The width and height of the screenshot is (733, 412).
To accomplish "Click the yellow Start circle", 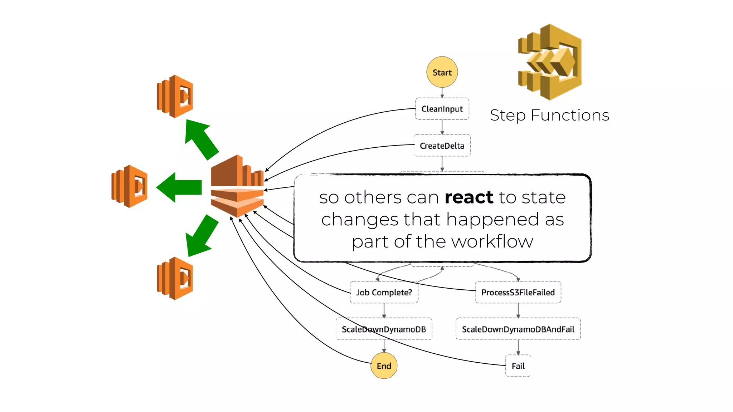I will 442,72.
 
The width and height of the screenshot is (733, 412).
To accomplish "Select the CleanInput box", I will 442,109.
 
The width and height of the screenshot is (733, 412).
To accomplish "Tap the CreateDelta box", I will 442,146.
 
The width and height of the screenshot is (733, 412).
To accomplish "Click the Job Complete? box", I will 384,292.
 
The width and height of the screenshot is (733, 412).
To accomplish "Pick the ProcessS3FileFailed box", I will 518,292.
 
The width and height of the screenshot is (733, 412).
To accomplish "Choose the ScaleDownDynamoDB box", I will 384,329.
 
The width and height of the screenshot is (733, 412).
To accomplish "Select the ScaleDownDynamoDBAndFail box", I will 518,329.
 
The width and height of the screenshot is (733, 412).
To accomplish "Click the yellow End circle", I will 384,366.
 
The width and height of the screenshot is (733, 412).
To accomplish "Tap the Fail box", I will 518,366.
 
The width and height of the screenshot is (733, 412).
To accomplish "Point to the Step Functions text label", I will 549,115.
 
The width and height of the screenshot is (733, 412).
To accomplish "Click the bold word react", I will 469,197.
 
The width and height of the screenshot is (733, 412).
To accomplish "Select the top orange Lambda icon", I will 175,97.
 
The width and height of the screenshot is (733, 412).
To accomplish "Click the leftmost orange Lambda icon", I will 130,186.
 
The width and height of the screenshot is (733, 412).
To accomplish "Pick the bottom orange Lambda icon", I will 175,278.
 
